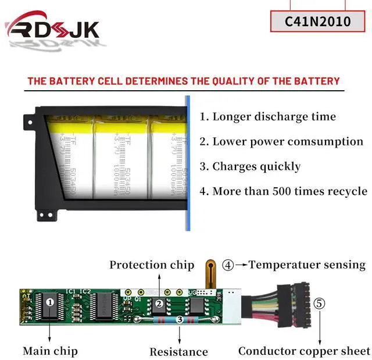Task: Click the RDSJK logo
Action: pyautogui.click(x=52, y=29)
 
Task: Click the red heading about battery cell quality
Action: pyautogui.click(x=183, y=81)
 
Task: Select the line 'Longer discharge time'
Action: pyautogui.click(x=268, y=116)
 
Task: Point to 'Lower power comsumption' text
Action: pyautogui.click(x=281, y=141)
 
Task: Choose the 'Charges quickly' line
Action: pyautogui.click(x=251, y=166)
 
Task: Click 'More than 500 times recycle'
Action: pyautogui.click(x=284, y=191)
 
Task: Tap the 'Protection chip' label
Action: pyautogui.click(x=152, y=265)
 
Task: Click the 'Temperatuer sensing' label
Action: pyautogui.click(x=307, y=265)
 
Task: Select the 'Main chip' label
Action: pyautogui.click(x=50, y=351)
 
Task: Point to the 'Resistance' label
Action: pyautogui.click(x=178, y=351)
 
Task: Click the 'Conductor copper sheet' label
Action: pyautogui.click(x=304, y=351)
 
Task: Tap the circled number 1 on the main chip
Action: pyautogui.click(x=50, y=302)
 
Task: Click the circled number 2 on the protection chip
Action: pyautogui.click(x=158, y=303)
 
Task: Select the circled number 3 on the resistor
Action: pyautogui.click(x=180, y=319)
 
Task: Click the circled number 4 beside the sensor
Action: pyautogui.click(x=228, y=265)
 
